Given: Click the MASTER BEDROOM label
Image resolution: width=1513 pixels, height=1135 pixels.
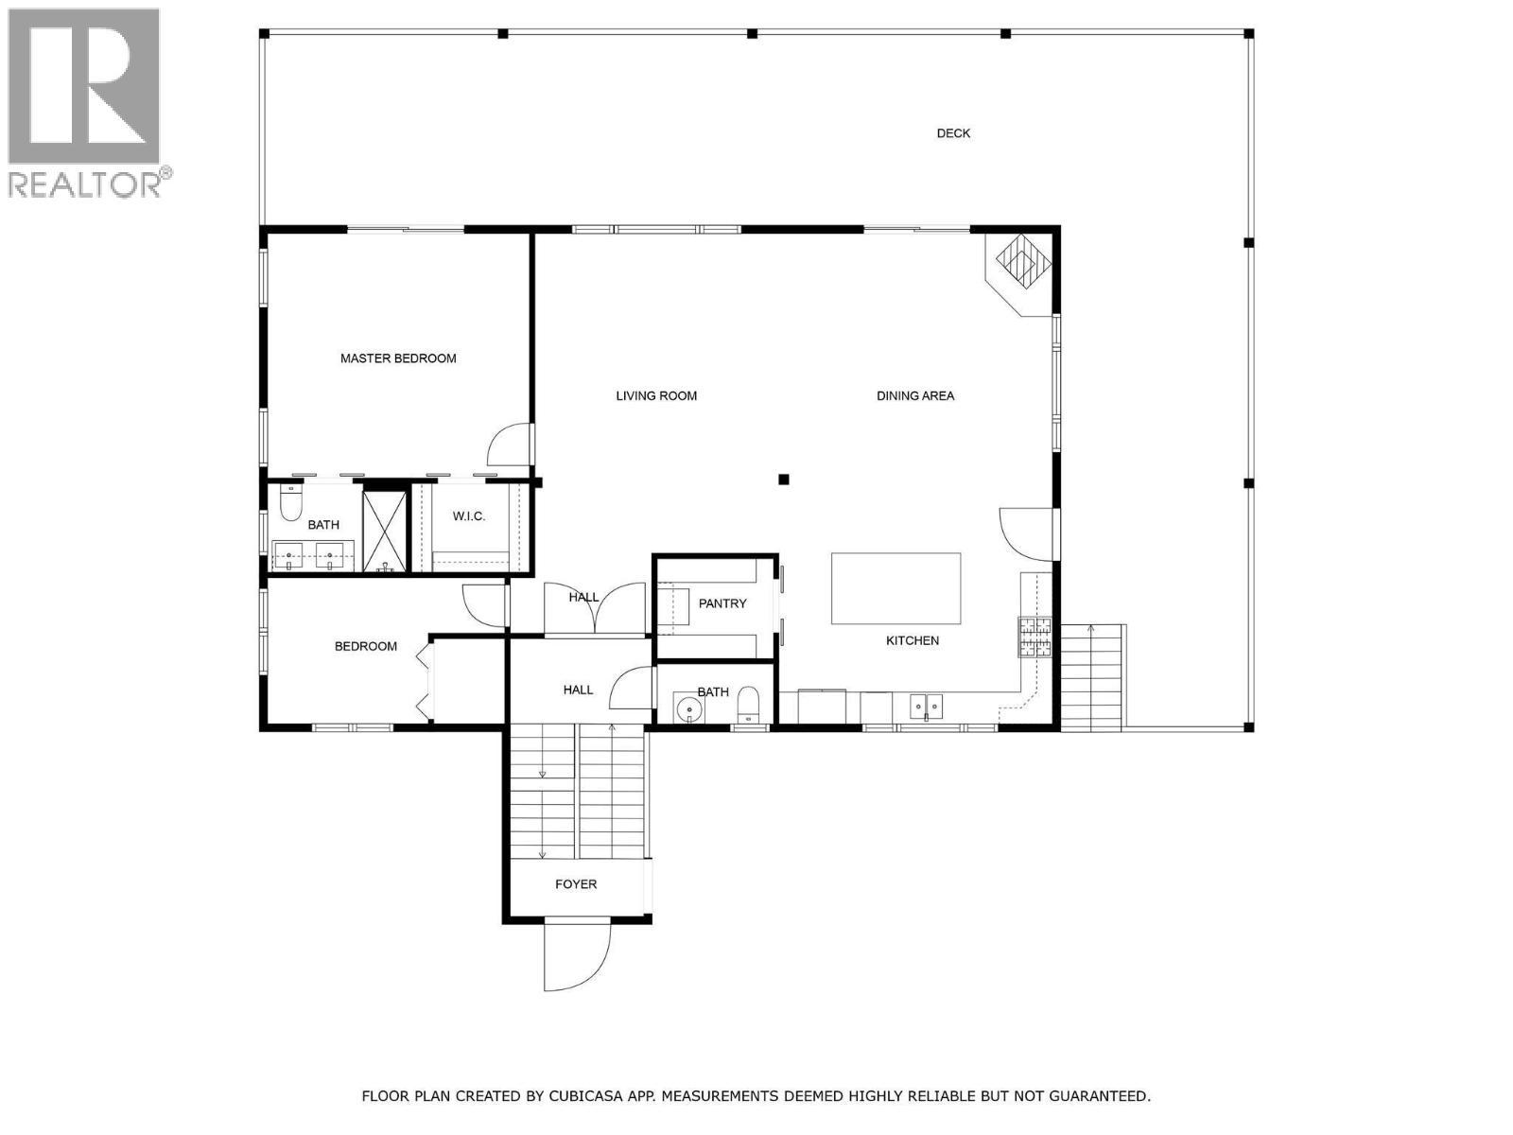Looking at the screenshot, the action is [x=398, y=358].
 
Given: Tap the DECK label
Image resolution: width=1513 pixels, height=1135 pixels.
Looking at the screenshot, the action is [x=952, y=133].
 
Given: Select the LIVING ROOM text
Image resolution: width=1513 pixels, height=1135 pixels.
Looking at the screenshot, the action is [x=656, y=395].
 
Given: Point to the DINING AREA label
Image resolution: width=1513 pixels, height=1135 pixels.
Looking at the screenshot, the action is [x=914, y=395].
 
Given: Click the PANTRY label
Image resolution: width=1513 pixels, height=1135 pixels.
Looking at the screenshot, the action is [x=722, y=603].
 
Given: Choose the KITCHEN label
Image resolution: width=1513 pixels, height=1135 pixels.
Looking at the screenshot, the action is [x=912, y=641].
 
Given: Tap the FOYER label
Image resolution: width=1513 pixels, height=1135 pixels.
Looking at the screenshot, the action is [x=576, y=884].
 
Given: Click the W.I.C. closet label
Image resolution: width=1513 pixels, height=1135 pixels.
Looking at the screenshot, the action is [x=469, y=516].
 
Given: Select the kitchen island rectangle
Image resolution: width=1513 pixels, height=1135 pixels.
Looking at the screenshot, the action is [x=896, y=587].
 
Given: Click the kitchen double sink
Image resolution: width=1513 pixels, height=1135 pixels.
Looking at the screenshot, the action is [x=926, y=707].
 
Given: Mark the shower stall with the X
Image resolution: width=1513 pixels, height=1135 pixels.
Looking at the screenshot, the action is [x=385, y=532].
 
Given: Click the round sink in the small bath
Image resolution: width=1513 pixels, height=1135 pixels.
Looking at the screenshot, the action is [x=687, y=708].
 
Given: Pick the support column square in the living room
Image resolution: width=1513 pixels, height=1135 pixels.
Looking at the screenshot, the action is [x=783, y=480].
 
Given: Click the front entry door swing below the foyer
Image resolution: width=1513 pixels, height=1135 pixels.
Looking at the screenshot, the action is [x=577, y=956].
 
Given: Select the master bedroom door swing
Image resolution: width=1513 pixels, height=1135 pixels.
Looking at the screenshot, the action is [x=510, y=445].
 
